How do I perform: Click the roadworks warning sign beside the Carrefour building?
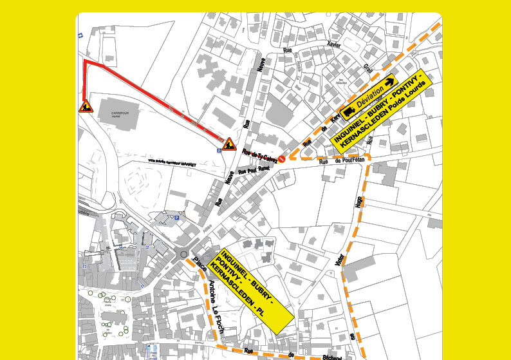(85, 106)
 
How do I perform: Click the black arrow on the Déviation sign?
(389, 84)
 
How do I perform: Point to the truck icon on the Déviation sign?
(349, 111)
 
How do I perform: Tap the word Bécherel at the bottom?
(333, 356)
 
